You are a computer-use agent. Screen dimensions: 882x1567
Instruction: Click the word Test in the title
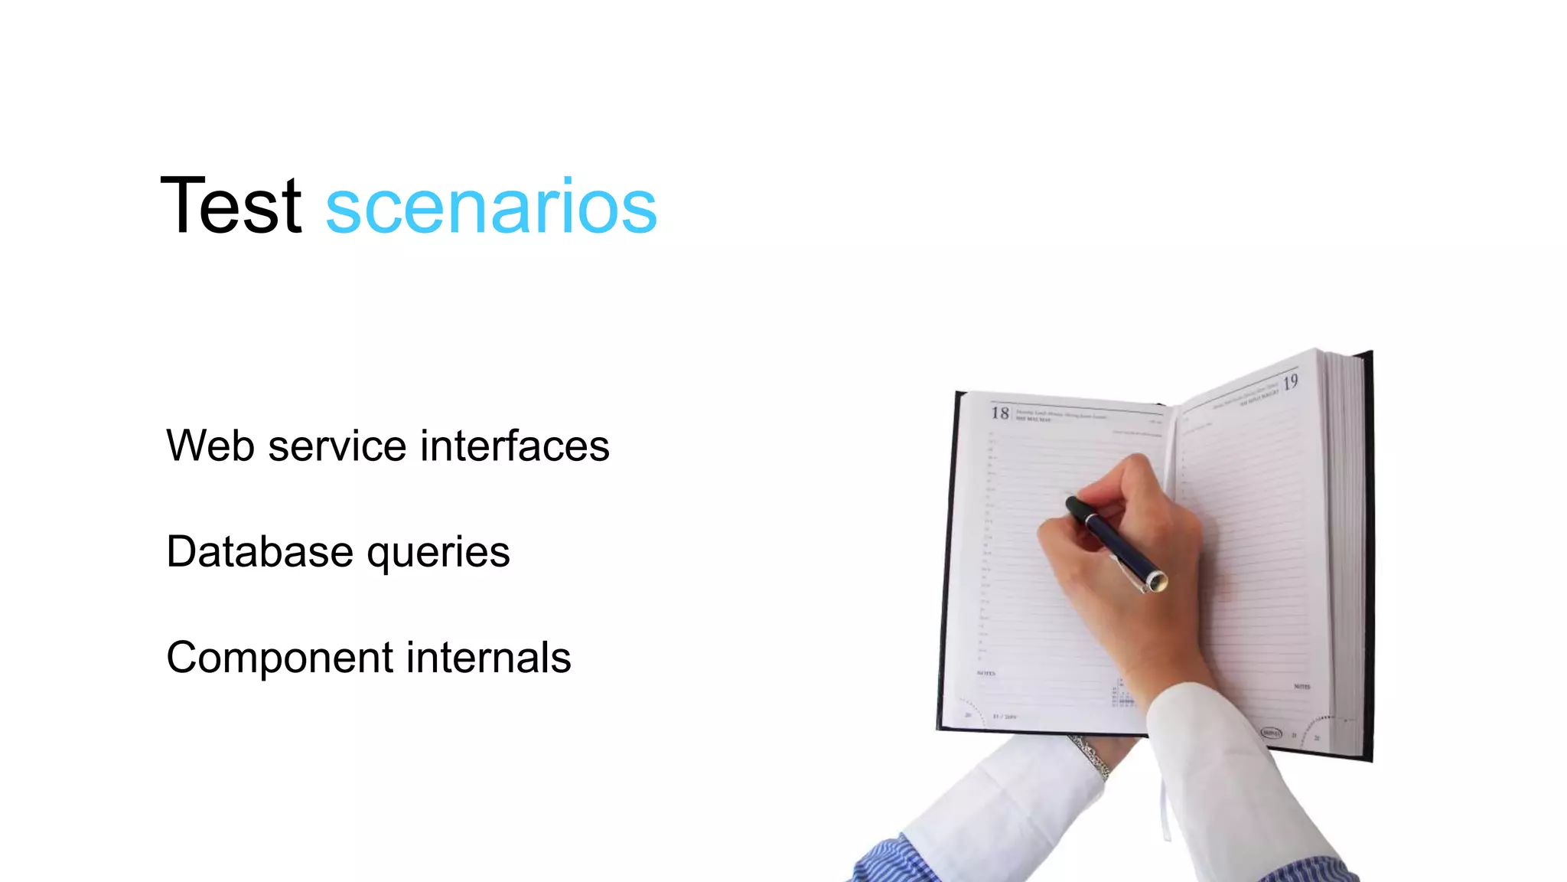coord(230,205)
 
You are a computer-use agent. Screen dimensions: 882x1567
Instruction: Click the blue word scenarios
coord(490,207)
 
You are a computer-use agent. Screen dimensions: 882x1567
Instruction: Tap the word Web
coord(210,446)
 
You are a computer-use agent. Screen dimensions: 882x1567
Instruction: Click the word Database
coord(259,551)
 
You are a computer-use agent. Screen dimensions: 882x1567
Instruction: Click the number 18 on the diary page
coord(1000,413)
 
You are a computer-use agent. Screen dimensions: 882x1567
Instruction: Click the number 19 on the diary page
coord(1290,382)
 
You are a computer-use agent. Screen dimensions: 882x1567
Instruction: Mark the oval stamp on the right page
coord(1271,733)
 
